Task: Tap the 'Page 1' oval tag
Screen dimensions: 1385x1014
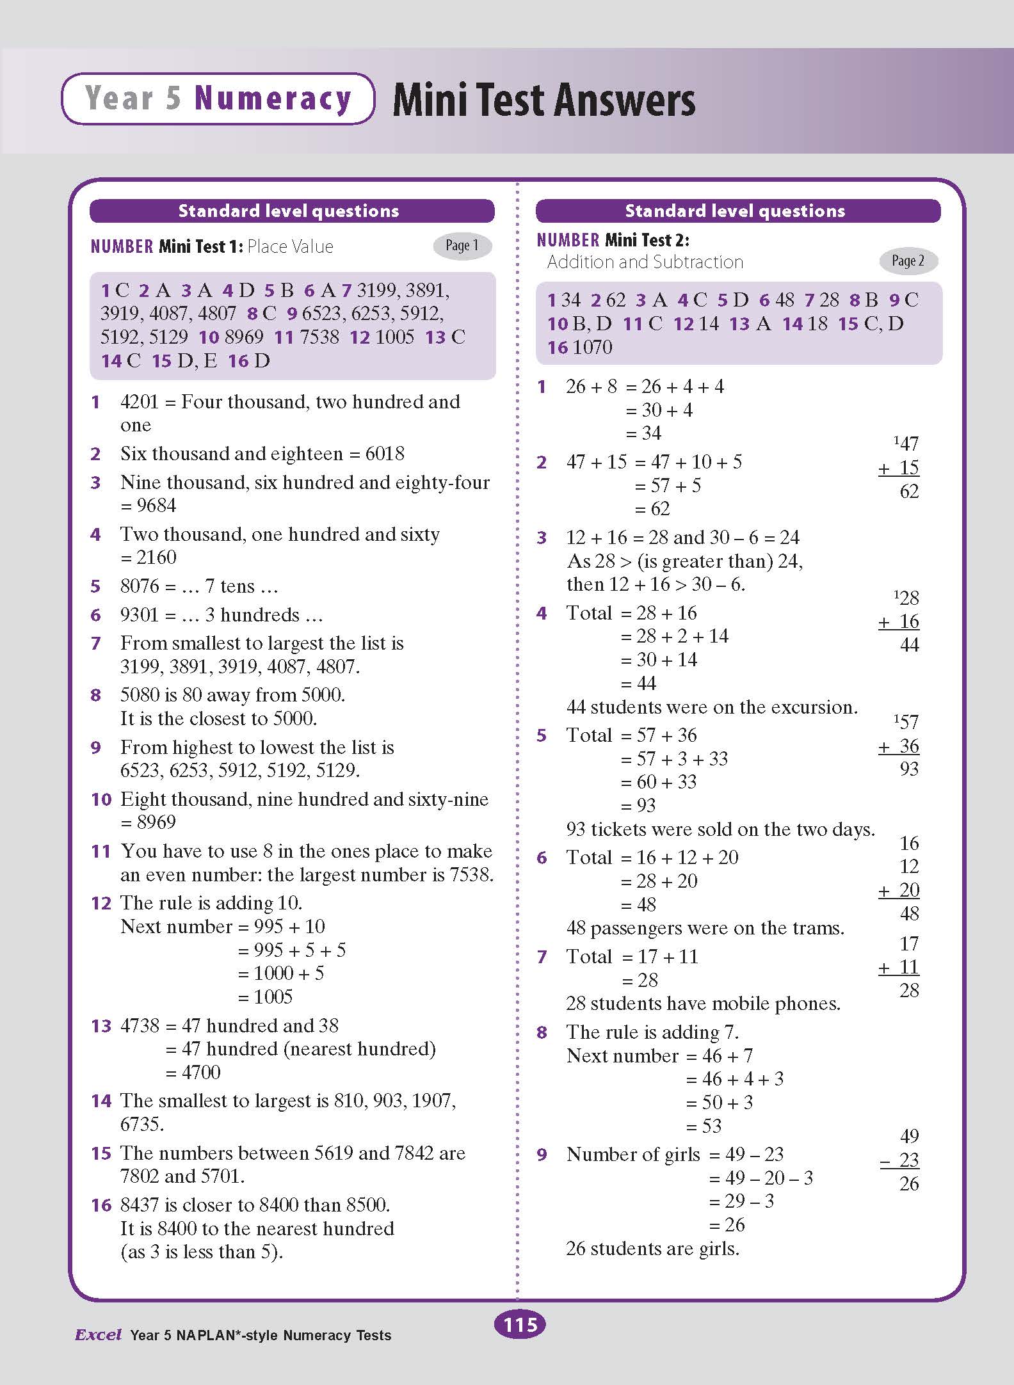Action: click(462, 246)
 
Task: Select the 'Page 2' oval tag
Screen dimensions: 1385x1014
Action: click(908, 260)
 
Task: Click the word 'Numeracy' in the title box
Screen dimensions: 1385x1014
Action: click(273, 99)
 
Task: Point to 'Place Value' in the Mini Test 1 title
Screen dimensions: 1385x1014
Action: click(290, 246)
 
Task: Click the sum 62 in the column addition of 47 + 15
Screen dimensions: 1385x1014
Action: click(909, 492)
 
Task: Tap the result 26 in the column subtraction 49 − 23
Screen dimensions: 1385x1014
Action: click(909, 1184)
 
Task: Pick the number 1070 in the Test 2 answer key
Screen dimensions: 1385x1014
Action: click(592, 348)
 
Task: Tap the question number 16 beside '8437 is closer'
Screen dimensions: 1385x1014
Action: click(101, 1205)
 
